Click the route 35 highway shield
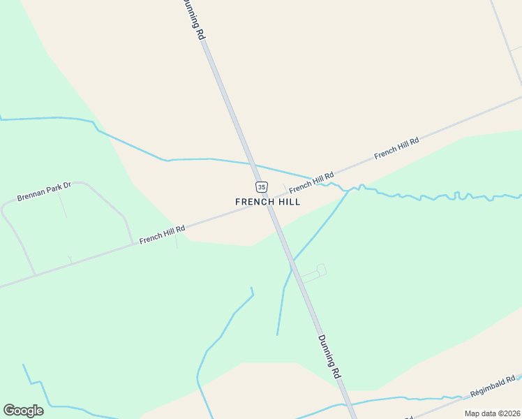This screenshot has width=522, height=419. (x=261, y=186)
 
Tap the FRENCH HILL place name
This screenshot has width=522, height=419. (x=268, y=202)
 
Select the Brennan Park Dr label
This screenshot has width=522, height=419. (x=45, y=192)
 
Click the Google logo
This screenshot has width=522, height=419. (x=23, y=411)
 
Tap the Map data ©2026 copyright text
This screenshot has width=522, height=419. (x=492, y=413)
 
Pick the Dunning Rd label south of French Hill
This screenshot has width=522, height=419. (x=329, y=356)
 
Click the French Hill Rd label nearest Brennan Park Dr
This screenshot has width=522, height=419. (x=162, y=234)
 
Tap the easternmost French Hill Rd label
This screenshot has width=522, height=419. (x=396, y=148)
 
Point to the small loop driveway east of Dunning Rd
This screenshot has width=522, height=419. (x=321, y=270)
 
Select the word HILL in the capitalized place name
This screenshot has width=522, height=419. (x=289, y=202)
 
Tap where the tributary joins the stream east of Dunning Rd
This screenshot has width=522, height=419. (x=349, y=189)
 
